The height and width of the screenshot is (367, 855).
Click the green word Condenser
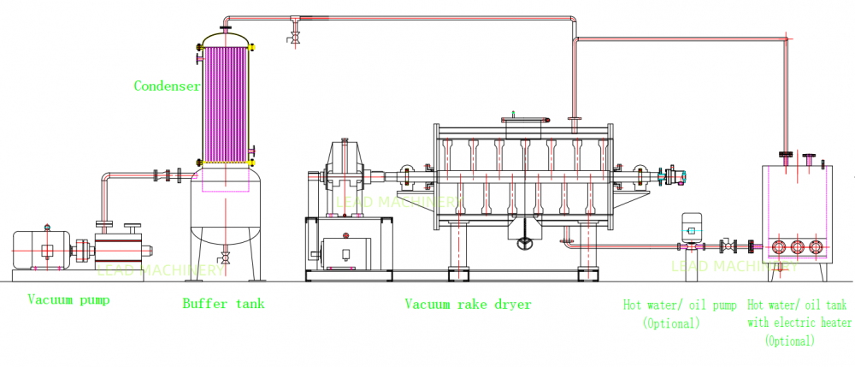pyautogui.click(x=167, y=86)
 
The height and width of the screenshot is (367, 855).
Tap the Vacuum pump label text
pyautogui.click(x=68, y=300)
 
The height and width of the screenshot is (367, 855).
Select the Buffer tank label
pyautogui.click(x=223, y=304)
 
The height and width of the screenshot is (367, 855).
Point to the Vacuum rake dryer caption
pyautogui.click(x=468, y=305)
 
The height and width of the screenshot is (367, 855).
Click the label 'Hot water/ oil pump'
pyautogui.click(x=681, y=305)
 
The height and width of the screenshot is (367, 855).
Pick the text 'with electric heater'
pyautogui.click(x=799, y=323)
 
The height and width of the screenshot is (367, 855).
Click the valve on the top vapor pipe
pyautogui.click(x=295, y=32)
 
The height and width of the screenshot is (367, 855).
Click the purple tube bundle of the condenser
pyautogui.click(x=225, y=98)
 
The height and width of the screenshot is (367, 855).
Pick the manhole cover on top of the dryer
pyautogui.click(x=522, y=125)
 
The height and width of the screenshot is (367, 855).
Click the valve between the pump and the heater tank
pyautogui.click(x=729, y=247)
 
